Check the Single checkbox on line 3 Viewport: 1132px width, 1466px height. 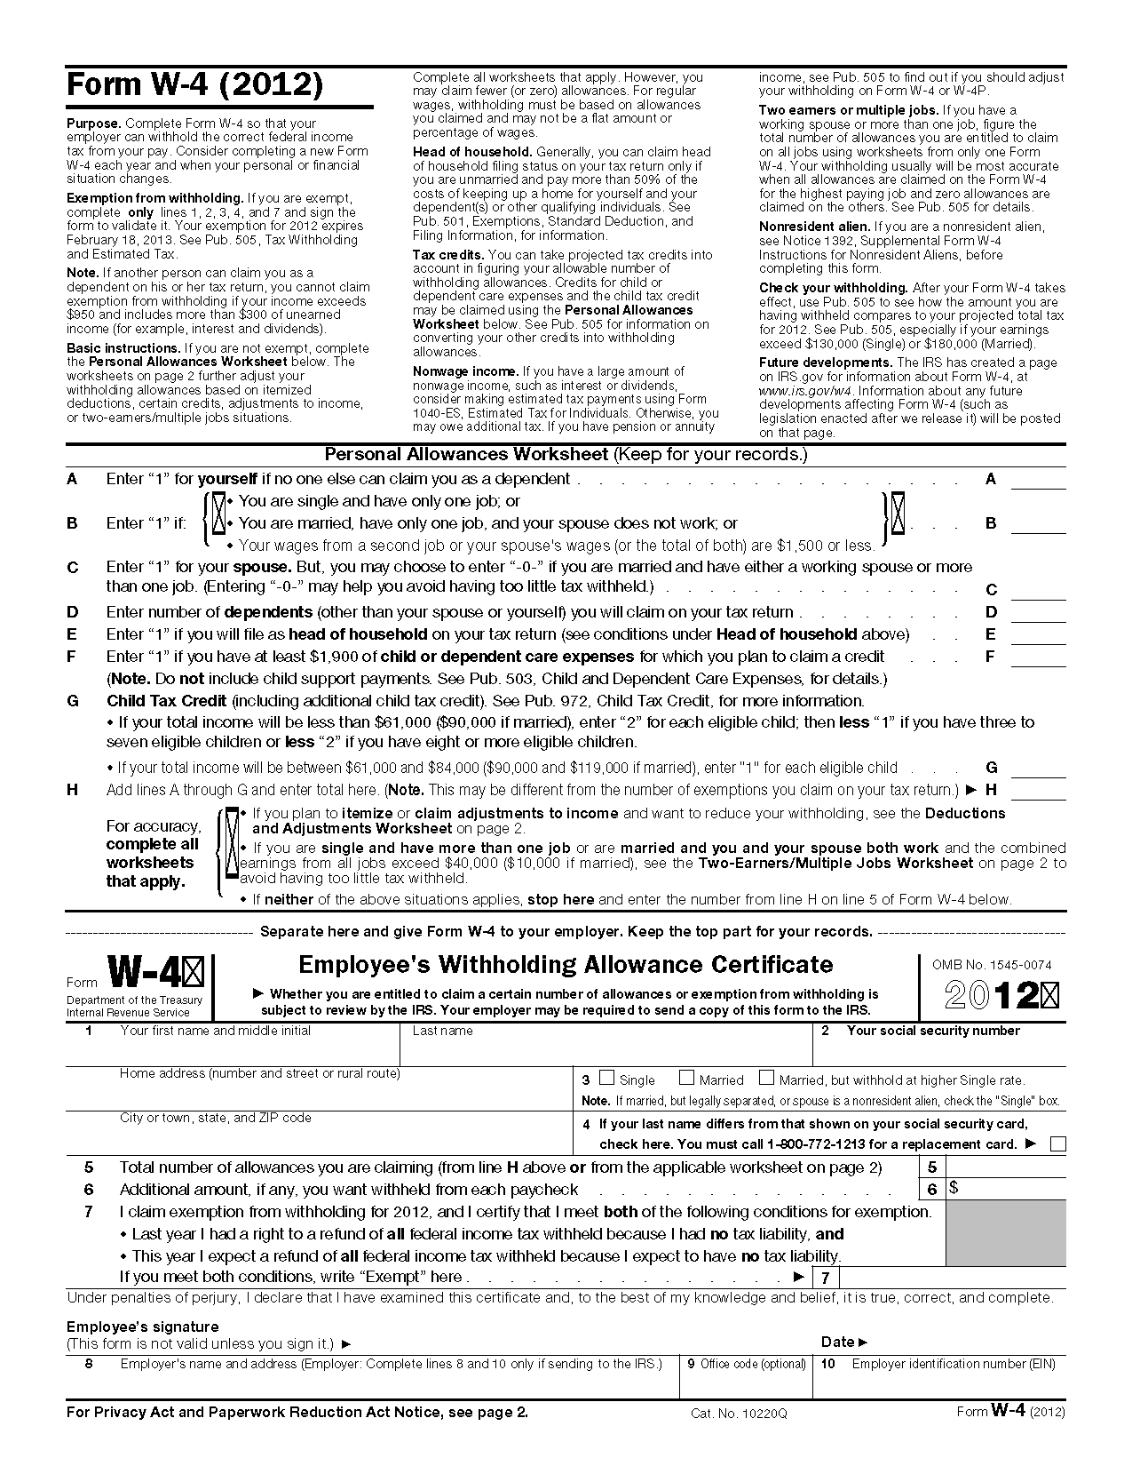click(x=606, y=1078)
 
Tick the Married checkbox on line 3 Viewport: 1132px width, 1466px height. click(x=686, y=1078)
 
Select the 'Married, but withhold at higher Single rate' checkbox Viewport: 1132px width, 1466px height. click(x=766, y=1078)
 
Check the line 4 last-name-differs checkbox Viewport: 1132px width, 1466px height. click(x=1057, y=1144)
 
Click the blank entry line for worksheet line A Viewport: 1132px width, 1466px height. click(x=1038, y=481)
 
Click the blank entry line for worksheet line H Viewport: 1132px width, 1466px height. click(x=1038, y=791)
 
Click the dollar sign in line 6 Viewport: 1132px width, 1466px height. click(x=954, y=1188)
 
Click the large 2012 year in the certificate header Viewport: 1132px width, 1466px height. click(x=992, y=995)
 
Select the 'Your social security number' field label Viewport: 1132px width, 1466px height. click(x=932, y=1031)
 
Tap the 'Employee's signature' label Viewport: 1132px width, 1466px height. click(x=130, y=1327)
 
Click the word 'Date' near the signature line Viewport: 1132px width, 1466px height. click(x=838, y=1342)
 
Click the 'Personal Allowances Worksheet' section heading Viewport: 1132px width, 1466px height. click(x=465, y=455)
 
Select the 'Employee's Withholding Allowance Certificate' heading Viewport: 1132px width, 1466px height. click(x=566, y=965)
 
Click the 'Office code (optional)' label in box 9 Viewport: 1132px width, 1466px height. click(x=753, y=1364)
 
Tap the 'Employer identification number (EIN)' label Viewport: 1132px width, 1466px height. click(x=953, y=1364)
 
